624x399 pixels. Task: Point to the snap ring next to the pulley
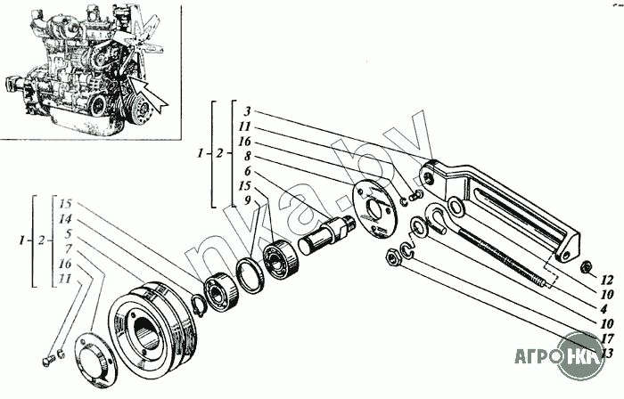coord(201,305)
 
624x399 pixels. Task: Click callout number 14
coord(66,218)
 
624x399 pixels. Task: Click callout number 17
coord(606,338)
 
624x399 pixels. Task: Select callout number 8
coord(247,155)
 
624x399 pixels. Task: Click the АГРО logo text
coord(538,359)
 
